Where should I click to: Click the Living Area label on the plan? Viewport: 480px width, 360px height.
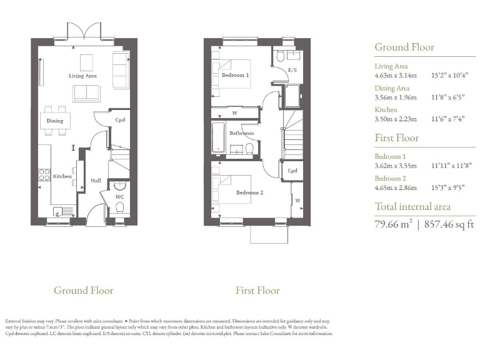click(82, 76)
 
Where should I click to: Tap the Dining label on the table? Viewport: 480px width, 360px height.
click(55, 121)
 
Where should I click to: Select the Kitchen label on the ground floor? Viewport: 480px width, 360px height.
click(62, 177)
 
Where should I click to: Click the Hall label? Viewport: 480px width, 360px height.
click(96, 180)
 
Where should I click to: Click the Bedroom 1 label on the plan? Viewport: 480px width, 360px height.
click(235, 75)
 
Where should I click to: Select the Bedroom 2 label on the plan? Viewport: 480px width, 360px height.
click(249, 193)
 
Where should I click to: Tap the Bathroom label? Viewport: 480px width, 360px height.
click(241, 133)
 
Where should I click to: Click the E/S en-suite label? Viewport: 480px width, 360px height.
click(292, 71)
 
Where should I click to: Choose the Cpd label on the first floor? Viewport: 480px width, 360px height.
click(292, 170)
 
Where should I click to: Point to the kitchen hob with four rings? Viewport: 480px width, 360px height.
click(44, 174)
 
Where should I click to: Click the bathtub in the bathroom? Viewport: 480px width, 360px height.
click(218, 138)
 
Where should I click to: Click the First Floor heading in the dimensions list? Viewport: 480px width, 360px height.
click(396, 137)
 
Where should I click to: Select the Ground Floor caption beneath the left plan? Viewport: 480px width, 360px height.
click(83, 290)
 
